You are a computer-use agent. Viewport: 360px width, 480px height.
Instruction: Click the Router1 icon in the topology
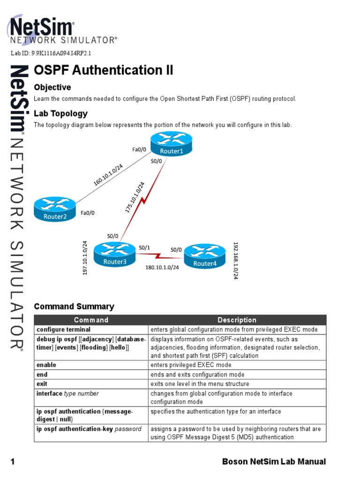171,144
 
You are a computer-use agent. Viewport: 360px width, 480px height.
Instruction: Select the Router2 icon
55,209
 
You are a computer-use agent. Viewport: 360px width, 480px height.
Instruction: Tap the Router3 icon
115,255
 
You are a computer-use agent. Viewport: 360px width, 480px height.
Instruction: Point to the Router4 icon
205,256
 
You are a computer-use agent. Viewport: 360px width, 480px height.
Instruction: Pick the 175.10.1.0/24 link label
135,197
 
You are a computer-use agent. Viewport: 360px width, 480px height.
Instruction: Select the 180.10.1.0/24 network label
163,267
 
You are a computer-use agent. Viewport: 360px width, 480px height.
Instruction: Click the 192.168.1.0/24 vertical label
236,261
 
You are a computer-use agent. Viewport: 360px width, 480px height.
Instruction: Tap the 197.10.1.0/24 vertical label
85,258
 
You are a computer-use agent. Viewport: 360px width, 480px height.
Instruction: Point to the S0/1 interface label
144,247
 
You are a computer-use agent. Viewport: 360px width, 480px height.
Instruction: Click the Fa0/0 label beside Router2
88,213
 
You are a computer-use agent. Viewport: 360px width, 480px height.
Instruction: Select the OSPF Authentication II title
104,70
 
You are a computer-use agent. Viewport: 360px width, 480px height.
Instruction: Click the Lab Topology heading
61,113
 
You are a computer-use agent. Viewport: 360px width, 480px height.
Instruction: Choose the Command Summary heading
74,307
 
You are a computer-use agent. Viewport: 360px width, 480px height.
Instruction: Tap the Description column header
237,320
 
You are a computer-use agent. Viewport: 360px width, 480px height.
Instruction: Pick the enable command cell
46,365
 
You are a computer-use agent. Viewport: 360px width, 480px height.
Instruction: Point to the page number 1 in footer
13,462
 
